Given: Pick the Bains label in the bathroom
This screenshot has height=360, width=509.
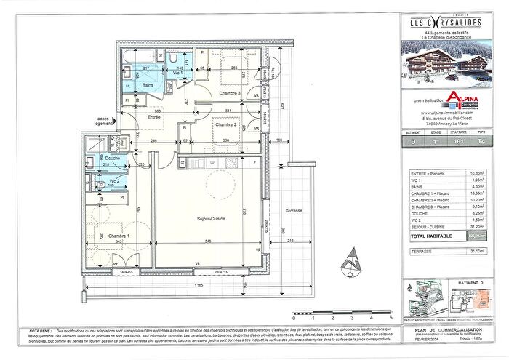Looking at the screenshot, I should [148, 85].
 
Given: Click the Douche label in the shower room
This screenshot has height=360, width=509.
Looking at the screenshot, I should [112, 158].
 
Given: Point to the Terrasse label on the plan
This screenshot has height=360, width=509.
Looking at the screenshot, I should [294, 211].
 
